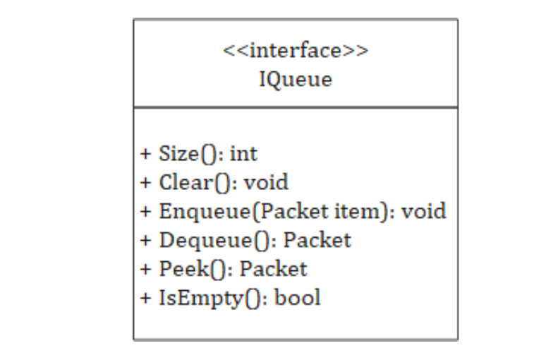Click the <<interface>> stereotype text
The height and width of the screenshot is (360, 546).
pos(296,51)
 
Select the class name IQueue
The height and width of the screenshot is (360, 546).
pos(296,80)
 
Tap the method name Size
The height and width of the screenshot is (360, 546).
pos(178,153)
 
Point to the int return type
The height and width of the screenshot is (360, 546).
pos(243,153)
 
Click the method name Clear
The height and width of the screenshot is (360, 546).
pos(186,182)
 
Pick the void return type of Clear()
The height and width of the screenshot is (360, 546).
pos(266,182)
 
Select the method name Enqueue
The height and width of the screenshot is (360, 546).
pos(205,212)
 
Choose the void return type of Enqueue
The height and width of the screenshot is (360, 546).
pos(424,211)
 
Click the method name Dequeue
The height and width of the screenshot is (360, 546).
pos(207,241)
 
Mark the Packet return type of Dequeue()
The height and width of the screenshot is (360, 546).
pos(317,240)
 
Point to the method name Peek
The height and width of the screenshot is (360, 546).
pos(184,269)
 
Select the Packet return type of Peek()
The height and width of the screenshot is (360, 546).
pos(273,269)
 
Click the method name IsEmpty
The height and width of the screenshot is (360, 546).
pos(201,299)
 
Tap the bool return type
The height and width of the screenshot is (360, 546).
pos(298,298)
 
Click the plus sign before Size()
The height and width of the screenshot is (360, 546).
pos(146,154)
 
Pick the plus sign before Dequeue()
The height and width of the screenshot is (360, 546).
pos(146,241)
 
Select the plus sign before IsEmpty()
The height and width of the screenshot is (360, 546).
pos(146,298)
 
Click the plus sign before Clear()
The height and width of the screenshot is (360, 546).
pos(146,183)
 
